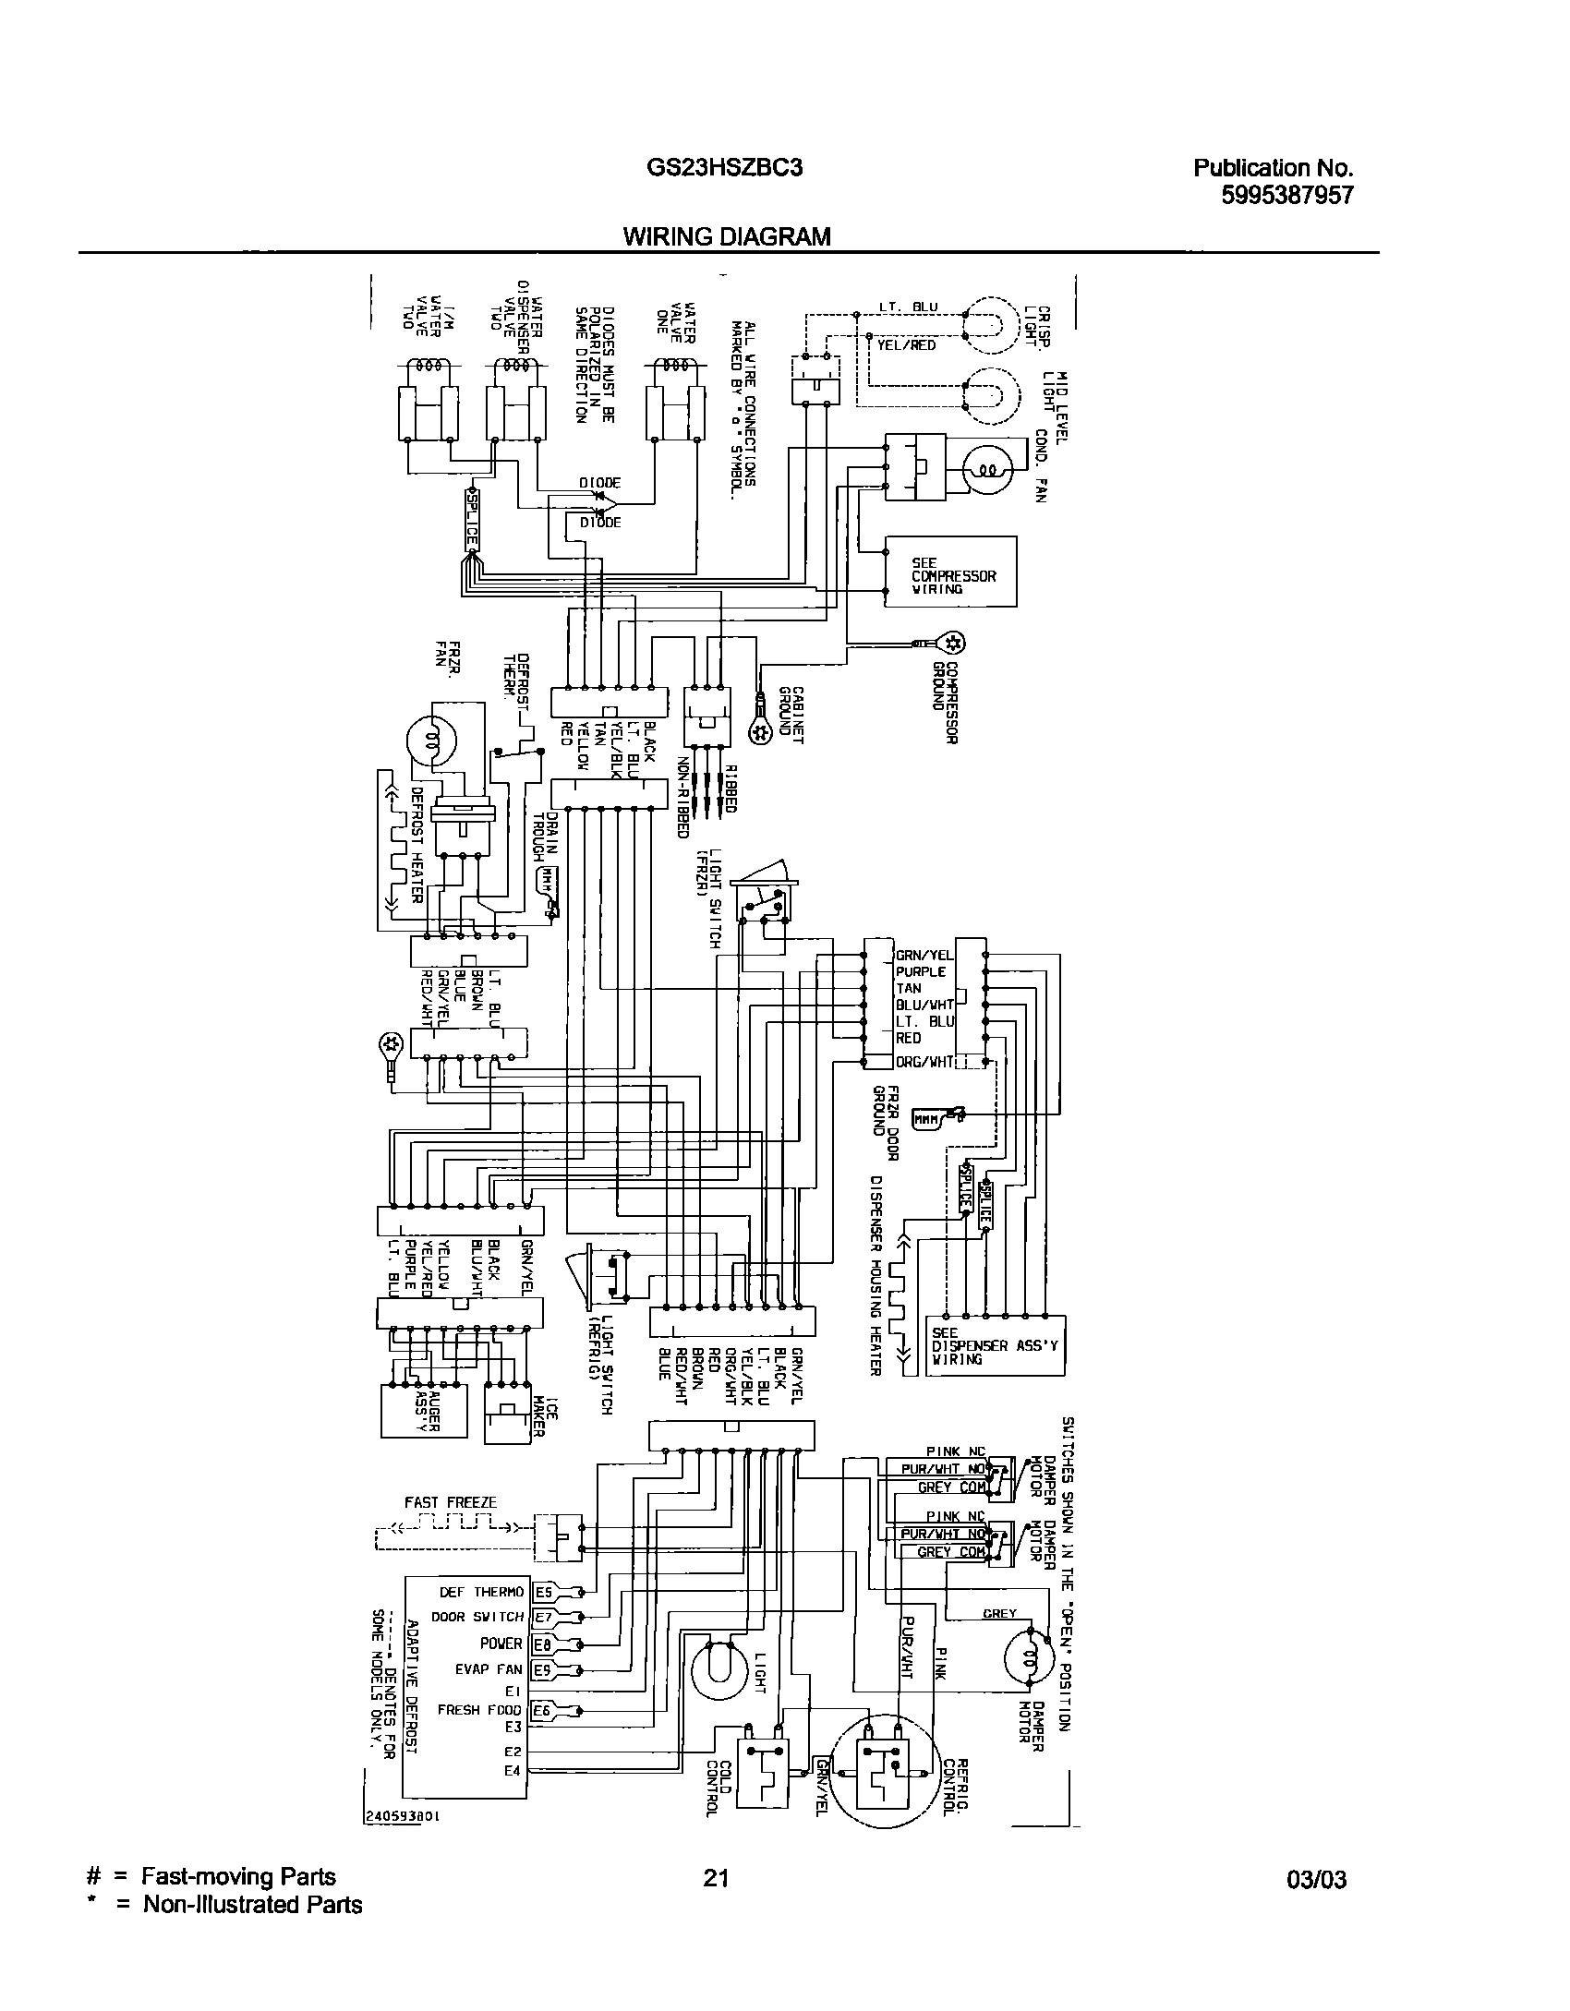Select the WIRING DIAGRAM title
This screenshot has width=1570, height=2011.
[x=727, y=236]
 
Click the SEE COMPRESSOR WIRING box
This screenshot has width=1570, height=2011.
[x=950, y=572]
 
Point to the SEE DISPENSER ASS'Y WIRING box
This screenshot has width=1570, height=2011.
[x=996, y=1345]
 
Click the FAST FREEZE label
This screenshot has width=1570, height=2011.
[x=450, y=1502]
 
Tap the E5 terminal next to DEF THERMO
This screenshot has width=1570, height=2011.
[x=544, y=1592]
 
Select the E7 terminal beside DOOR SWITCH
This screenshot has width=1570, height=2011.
[x=544, y=1617]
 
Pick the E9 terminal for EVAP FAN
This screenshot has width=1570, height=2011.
[x=544, y=1669]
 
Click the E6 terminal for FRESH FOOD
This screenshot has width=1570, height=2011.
[x=544, y=1710]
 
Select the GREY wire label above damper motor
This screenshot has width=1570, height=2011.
[x=999, y=1613]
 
